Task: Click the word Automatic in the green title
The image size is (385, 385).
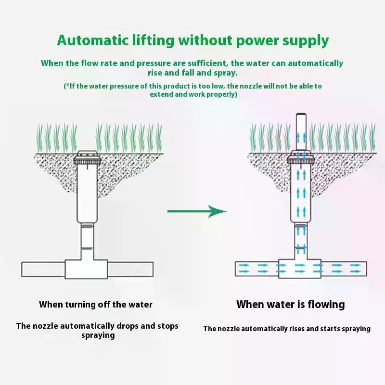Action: (x=92, y=40)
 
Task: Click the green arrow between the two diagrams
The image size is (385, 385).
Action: (x=197, y=211)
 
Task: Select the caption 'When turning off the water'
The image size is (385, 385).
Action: (x=96, y=305)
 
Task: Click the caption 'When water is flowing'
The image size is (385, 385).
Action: (x=291, y=305)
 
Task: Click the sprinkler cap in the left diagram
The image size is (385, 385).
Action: (x=87, y=158)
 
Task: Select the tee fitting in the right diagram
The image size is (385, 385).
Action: (x=300, y=269)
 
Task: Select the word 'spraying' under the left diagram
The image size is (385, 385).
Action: (x=98, y=335)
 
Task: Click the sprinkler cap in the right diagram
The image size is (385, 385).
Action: (x=301, y=157)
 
